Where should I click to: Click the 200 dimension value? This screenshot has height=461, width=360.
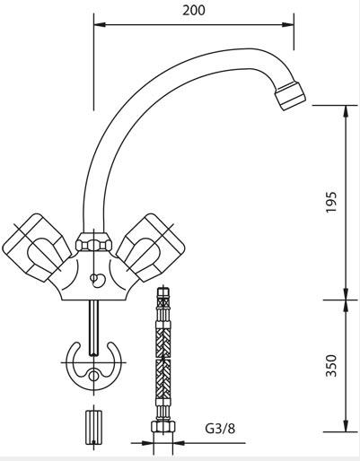coord(194,11)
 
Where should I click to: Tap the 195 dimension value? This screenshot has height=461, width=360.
coord(331,202)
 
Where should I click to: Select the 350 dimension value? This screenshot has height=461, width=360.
coord(331,365)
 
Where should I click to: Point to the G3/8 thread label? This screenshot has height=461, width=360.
coord(220,429)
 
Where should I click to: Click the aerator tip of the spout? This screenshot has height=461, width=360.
coord(290,96)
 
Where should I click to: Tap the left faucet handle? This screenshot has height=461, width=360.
coord(37,248)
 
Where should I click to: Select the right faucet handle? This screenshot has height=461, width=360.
coord(151,248)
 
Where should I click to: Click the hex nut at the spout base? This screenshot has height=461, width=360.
coord(93,242)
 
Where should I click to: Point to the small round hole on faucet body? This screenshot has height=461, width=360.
coord(93,278)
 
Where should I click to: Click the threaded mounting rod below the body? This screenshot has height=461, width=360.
coord(93,327)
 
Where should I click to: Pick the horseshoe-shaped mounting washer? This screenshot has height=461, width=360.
coord(93,367)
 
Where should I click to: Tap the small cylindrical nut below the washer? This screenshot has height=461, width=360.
coord(93,428)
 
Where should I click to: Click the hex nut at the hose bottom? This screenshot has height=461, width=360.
coord(163,426)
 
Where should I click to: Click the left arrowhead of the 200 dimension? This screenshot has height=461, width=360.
coord(100,24)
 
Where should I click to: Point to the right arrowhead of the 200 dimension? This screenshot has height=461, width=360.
coord(288,24)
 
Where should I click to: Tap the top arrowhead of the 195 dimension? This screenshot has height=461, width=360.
coord(346,111)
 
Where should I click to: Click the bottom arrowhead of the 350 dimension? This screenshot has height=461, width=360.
coord(346,426)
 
